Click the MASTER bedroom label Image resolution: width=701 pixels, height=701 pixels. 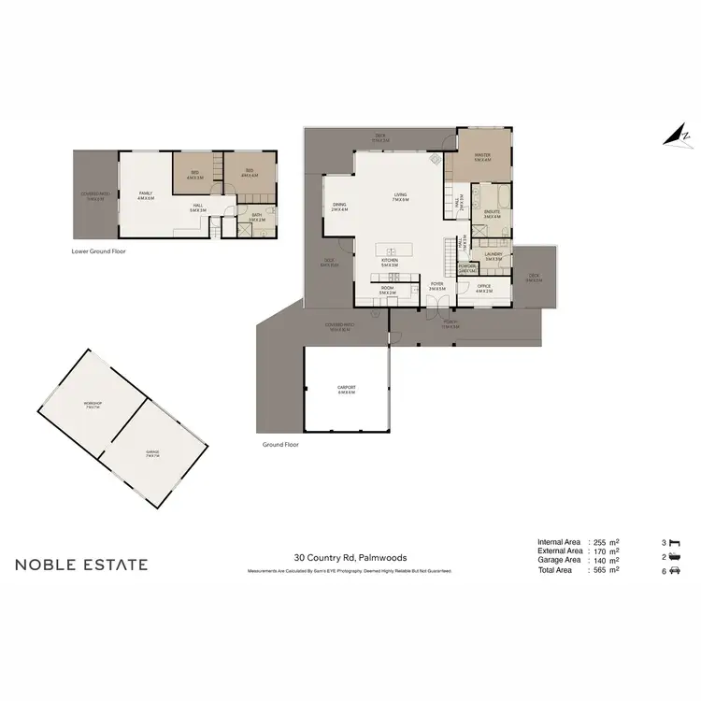coord(482,156)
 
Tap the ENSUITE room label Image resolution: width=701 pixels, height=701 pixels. coord(492,214)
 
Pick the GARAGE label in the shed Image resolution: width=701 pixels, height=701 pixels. coord(151,455)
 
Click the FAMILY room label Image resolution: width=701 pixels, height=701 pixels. coord(145,195)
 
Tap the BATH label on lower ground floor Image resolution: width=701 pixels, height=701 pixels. coord(255,217)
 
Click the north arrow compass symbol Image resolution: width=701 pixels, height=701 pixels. coord(674,136)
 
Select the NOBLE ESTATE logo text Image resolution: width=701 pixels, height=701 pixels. coord(81,565)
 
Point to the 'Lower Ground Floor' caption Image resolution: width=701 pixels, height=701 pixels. coord(98,251)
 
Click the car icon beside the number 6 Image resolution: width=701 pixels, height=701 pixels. coord(676,570)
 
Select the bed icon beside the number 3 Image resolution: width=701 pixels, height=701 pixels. coord(676,542)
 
